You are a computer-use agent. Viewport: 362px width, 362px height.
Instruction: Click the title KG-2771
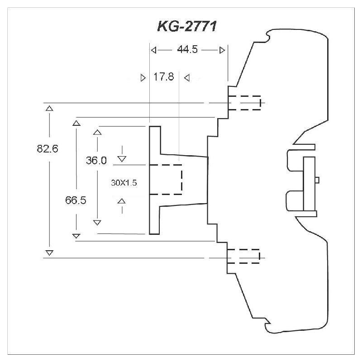click(187, 27)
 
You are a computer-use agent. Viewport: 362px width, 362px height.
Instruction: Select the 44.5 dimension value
click(187, 50)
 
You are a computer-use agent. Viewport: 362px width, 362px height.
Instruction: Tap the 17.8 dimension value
click(163, 77)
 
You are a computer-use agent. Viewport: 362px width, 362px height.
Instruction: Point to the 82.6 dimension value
click(48, 148)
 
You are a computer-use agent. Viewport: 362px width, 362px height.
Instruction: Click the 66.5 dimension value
click(76, 200)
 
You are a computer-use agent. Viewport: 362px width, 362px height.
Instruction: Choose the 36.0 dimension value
click(96, 160)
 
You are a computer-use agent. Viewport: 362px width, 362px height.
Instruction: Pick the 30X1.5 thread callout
click(124, 183)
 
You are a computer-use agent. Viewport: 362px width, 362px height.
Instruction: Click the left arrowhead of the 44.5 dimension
click(153, 50)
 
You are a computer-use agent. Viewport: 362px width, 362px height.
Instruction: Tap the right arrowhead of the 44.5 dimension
click(222, 50)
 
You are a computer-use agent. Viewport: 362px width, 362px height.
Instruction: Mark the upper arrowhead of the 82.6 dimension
click(49, 108)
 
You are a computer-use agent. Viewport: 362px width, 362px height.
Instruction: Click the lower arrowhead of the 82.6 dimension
click(49, 252)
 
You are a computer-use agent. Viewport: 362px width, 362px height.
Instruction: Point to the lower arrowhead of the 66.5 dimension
click(76, 235)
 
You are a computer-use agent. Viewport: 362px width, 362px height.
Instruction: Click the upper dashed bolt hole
click(244, 103)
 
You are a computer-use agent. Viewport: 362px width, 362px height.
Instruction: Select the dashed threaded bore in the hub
click(166, 179)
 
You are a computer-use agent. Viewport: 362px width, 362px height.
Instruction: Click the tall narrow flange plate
click(155, 180)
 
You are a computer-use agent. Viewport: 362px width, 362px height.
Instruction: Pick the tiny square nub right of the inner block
click(317, 180)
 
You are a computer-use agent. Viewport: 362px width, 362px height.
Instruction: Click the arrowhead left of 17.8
click(143, 77)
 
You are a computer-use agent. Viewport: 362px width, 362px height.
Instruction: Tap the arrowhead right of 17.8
click(186, 77)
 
